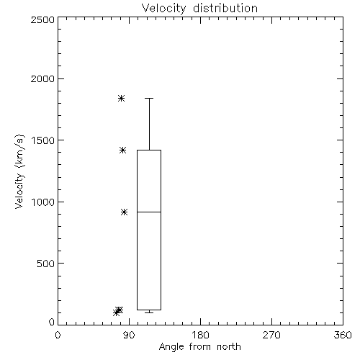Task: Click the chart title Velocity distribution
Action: pos(199,9)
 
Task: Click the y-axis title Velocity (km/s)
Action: pos(19,171)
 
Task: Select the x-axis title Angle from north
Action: pos(199,347)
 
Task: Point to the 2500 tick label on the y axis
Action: pos(42,19)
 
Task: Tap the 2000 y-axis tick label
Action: pos(42,78)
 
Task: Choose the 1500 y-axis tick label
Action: pos(43,140)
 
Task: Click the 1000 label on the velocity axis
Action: pos(43,202)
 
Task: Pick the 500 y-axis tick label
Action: pos(46,264)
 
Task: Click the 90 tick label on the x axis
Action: pos(129,335)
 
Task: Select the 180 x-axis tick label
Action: pos(200,335)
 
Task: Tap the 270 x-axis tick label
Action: pos(271,335)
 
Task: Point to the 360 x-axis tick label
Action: pos(343,335)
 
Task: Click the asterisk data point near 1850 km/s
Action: pos(121,98)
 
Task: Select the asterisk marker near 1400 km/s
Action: pos(122,150)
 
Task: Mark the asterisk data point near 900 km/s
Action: pos(124,212)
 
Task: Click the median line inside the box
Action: pos(149,212)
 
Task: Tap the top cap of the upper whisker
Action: pos(149,98)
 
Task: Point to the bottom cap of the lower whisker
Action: pos(149,312)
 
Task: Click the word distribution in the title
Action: pos(225,9)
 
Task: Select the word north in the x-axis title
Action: pos(229,347)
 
